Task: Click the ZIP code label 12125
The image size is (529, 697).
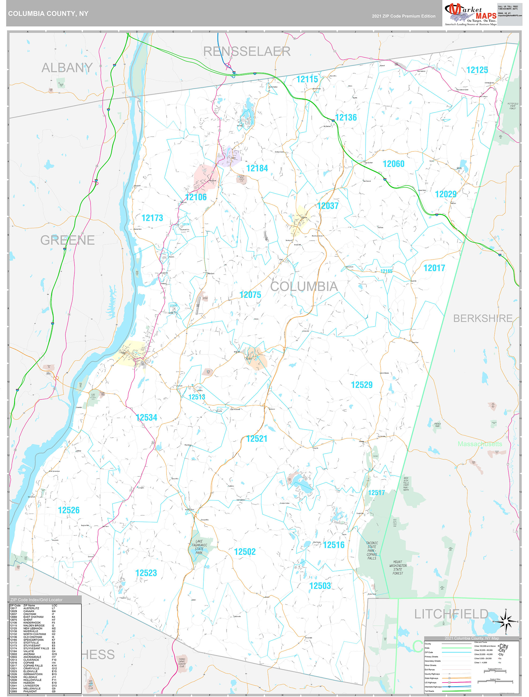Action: pyautogui.click(x=477, y=70)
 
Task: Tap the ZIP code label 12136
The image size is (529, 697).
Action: pyautogui.click(x=346, y=117)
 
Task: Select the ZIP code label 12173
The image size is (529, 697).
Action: pyautogui.click(x=152, y=218)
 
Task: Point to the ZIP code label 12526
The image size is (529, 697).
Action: pyautogui.click(x=69, y=510)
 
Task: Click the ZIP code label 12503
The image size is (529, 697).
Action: pyautogui.click(x=320, y=586)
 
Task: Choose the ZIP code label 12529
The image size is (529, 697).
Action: pyautogui.click(x=362, y=385)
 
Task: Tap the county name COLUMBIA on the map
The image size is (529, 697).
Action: pyautogui.click(x=304, y=286)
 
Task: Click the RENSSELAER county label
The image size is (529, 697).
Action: pyautogui.click(x=247, y=51)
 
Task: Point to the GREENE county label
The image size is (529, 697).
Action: pyautogui.click(x=68, y=240)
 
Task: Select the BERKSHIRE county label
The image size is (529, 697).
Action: pyautogui.click(x=483, y=318)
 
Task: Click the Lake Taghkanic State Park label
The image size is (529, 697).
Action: pyautogui.click(x=199, y=547)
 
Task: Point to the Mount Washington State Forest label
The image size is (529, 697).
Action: pyautogui.click(x=398, y=568)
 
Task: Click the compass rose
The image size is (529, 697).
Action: pyautogui.click(x=506, y=621)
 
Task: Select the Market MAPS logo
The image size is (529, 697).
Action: pyautogui.click(x=470, y=14)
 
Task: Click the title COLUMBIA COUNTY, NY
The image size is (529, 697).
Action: pyautogui.click(x=48, y=14)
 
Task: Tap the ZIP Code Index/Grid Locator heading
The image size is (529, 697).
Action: pyautogui.click(x=36, y=600)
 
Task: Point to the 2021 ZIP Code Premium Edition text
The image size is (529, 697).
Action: pyautogui.click(x=403, y=16)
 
